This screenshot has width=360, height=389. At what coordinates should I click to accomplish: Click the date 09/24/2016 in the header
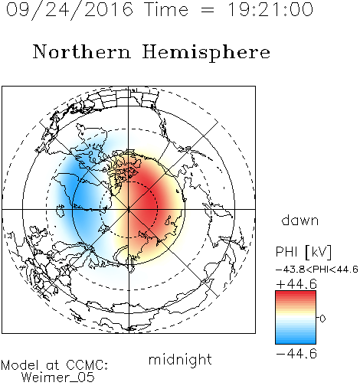coord(70,10)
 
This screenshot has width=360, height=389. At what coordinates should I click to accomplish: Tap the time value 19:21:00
coord(270,9)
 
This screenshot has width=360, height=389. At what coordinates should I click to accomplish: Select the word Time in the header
coord(166,9)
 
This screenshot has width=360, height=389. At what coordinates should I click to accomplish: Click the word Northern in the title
coord(82,51)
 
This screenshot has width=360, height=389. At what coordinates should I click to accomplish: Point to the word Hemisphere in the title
coord(206,53)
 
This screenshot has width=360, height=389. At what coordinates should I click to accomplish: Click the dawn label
coord(300,221)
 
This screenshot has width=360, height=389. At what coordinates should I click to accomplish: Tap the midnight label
coord(180,359)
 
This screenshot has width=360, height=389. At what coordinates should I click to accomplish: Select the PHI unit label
coord(304,252)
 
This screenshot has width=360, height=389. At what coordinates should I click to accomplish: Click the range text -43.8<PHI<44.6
coord(317,270)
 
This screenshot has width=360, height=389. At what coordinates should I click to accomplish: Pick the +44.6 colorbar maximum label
coord(296,284)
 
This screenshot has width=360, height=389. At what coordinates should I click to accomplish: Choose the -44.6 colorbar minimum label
coord(296,354)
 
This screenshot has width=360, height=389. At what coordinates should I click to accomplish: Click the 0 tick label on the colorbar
coord(322,319)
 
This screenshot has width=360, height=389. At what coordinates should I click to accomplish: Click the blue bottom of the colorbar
coord(296,340)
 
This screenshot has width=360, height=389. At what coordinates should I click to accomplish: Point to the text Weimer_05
coord(58,378)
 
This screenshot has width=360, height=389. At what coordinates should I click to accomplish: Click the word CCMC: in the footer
coord(87,365)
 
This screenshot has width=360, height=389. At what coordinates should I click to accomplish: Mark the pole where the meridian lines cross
coord(129,209)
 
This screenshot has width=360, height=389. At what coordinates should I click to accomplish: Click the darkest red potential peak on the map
coord(148,201)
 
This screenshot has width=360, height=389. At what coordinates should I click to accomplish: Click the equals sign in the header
coord(208,10)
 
